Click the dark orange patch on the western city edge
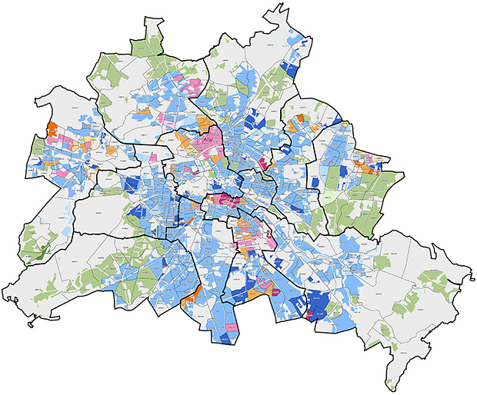52,129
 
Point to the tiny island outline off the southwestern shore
31,324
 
